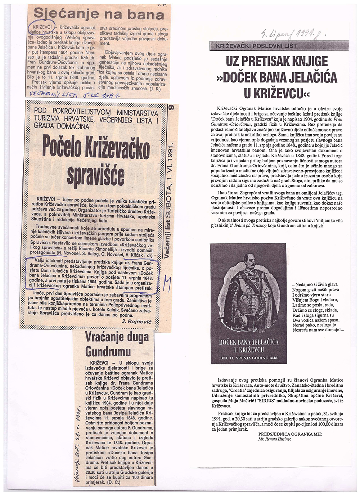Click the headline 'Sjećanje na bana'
pos(99,14)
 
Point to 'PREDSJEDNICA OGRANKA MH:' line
pos(289,435)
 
